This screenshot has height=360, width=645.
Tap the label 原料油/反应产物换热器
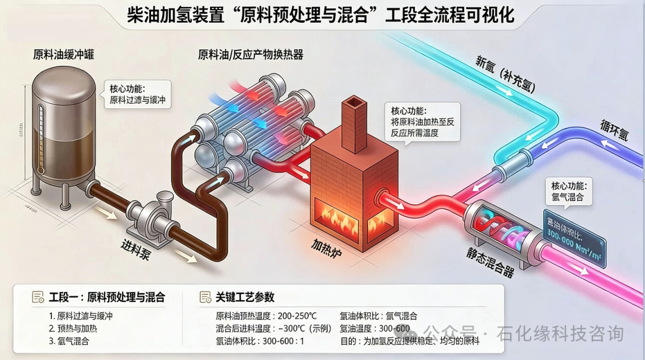point(251,55)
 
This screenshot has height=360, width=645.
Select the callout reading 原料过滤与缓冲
point(137,95)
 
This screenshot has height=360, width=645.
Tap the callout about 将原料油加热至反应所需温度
point(422,122)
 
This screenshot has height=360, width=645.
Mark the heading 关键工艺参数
point(244,297)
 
